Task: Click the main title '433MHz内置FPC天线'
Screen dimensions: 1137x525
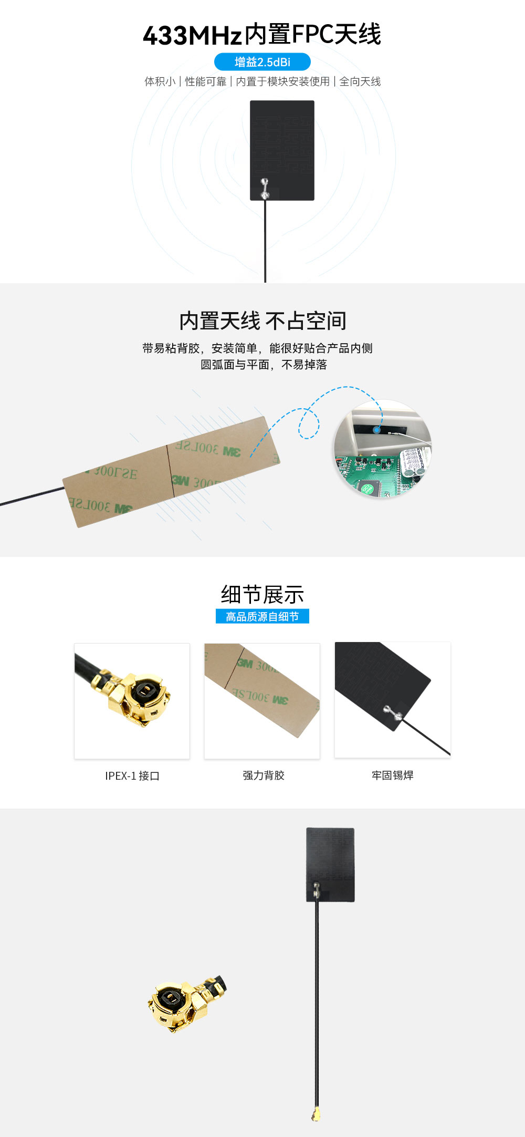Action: [262, 35]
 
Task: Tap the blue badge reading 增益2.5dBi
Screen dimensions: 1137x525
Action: [262, 62]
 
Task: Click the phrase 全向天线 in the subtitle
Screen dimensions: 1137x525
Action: [360, 81]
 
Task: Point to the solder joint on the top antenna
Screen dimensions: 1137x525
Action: [265, 188]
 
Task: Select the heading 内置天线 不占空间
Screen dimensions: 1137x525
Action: [262, 321]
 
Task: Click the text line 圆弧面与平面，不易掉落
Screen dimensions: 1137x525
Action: [264, 365]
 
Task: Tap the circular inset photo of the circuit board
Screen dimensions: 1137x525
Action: [383, 449]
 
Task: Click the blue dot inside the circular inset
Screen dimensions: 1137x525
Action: [376, 429]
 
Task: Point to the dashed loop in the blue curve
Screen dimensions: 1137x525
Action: [309, 423]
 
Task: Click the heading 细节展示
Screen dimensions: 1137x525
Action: [262, 594]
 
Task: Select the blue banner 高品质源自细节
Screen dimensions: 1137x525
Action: [262, 616]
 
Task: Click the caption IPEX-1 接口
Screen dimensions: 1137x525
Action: [132, 776]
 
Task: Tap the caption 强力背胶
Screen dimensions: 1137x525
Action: [264, 776]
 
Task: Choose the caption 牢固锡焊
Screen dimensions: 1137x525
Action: [393, 776]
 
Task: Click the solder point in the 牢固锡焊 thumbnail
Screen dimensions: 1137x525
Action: [392, 712]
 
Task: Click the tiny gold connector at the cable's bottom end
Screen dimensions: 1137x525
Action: [316, 1113]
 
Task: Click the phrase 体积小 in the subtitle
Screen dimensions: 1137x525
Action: [160, 81]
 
